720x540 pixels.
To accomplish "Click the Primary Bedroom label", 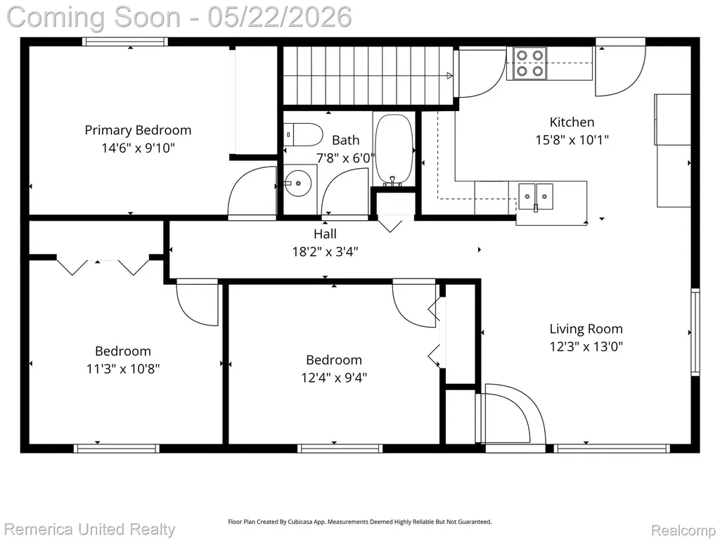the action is click(x=138, y=130).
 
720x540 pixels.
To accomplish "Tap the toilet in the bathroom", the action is click(x=303, y=134).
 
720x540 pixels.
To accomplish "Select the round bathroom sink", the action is click(x=298, y=184).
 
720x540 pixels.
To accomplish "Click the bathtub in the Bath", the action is click(x=394, y=150).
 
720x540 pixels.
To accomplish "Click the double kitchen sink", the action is click(x=536, y=197).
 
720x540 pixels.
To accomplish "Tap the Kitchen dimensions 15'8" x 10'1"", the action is click(x=572, y=140).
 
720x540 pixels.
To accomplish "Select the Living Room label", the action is click(x=586, y=329).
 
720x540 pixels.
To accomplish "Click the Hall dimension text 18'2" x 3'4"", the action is click(x=325, y=252).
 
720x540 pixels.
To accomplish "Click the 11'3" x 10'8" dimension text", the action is click(x=123, y=368).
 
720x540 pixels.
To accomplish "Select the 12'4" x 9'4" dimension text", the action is click(x=334, y=378).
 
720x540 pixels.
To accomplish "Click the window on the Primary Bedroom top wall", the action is click(x=125, y=41).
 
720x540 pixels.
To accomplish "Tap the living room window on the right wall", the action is click(x=695, y=332).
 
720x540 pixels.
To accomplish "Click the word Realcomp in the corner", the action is click(x=683, y=530).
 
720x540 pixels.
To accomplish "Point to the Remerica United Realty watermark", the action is click(x=89, y=529).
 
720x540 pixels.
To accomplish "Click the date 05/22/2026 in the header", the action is click(x=280, y=17).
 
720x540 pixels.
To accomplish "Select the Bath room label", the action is click(x=346, y=140).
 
